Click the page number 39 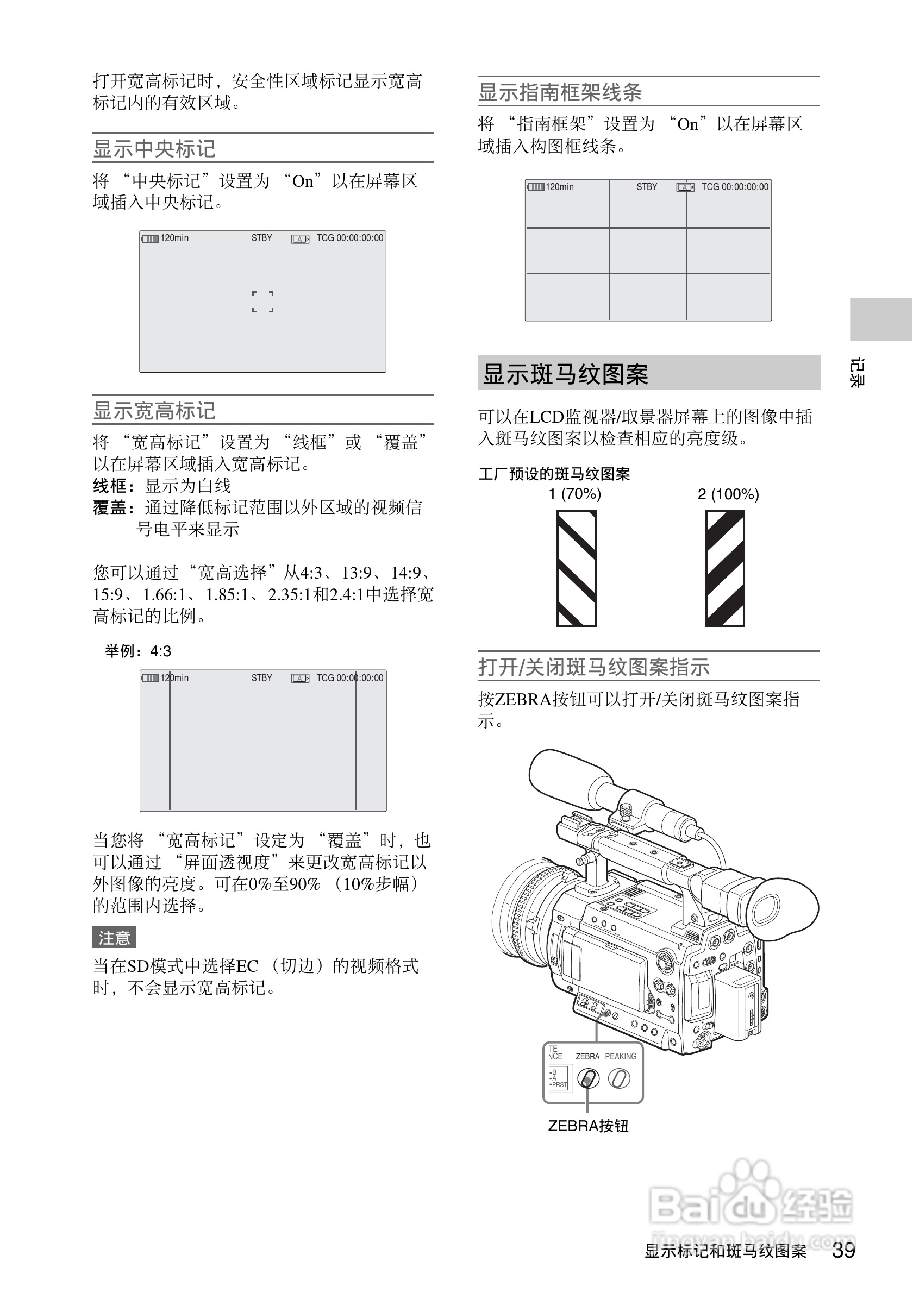tap(843, 1250)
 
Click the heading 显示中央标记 tap(154, 149)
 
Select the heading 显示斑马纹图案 tap(566, 374)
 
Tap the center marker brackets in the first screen tap(262, 302)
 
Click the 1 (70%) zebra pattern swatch tap(576, 568)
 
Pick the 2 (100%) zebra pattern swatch tap(725, 568)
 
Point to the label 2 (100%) tap(728, 494)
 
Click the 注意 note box tap(114, 938)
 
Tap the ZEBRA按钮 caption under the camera tap(588, 1126)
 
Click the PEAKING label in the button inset tap(621, 1057)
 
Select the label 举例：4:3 tap(138, 651)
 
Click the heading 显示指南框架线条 tap(560, 92)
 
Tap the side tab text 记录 tap(856, 372)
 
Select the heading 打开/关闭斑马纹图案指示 tap(593, 667)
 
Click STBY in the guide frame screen tap(647, 187)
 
